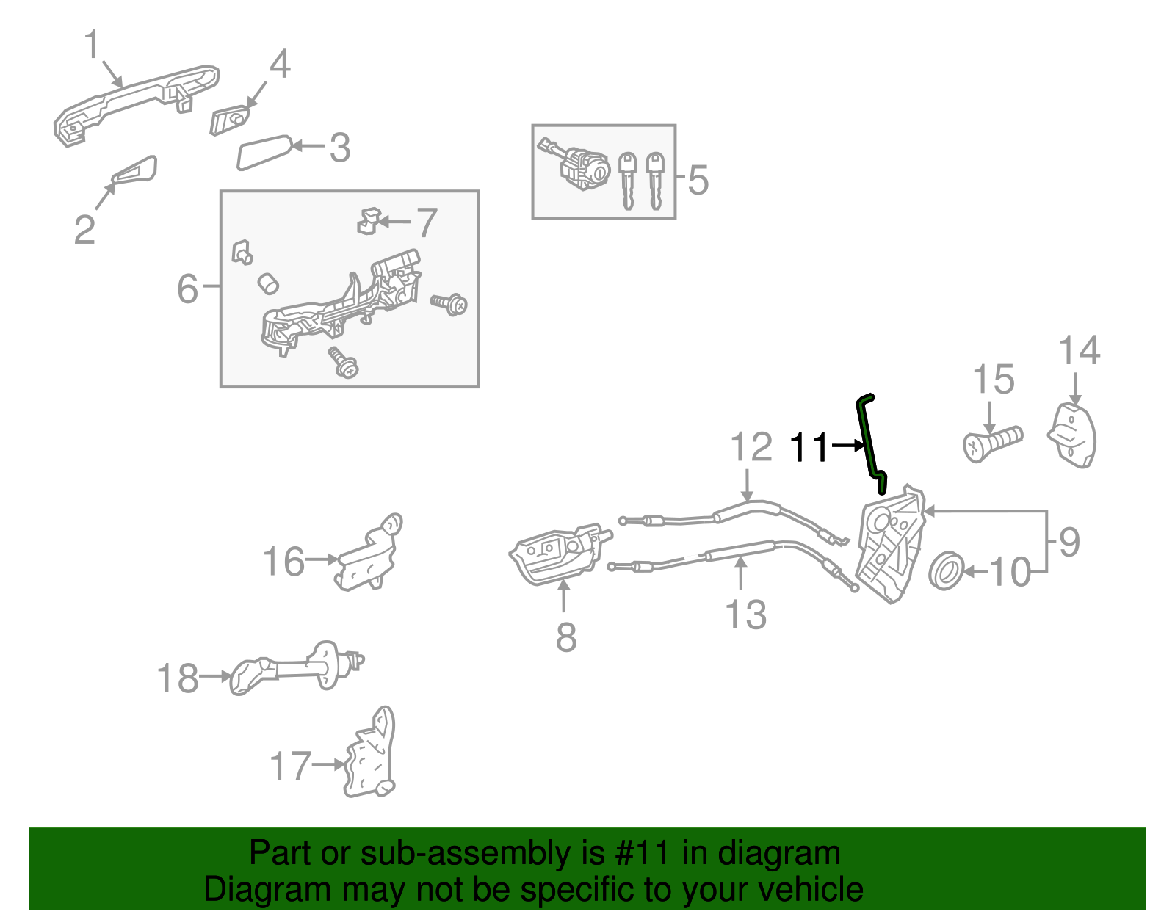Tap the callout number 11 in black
click(x=809, y=447)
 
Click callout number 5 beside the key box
click(x=698, y=180)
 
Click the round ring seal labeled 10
click(x=946, y=570)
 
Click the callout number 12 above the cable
click(x=751, y=447)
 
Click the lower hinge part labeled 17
click(x=372, y=756)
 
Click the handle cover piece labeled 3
click(x=263, y=152)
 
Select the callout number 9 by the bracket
click(x=1069, y=542)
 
